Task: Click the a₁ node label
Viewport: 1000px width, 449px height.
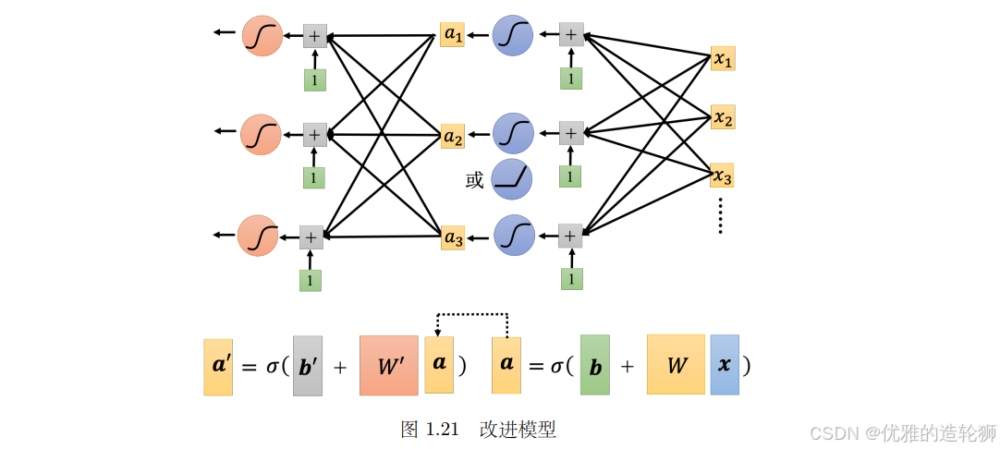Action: (452, 35)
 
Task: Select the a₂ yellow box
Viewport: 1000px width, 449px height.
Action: (452, 137)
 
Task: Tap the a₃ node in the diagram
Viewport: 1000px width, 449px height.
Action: (453, 237)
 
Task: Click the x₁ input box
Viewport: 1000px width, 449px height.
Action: (723, 59)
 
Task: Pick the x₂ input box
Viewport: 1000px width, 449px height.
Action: (723, 117)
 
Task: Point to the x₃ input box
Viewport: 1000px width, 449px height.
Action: (722, 175)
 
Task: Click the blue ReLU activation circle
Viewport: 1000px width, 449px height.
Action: (512, 179)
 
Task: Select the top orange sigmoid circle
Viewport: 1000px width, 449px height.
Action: (262, 36)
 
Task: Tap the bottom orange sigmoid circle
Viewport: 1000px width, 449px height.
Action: (258, 236)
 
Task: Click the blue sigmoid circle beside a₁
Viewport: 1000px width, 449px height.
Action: (513, 35)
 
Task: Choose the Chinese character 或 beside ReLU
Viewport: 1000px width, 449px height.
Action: (474, 180)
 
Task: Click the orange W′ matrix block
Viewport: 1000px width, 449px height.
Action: (389, 365)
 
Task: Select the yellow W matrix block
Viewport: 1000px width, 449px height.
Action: (676, 365)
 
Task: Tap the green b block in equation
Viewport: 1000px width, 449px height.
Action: (595, 365)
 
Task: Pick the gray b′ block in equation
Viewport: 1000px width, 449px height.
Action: (308, 366)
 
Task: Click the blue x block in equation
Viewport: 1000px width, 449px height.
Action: (725, 365)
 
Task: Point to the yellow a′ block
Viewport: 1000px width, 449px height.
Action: (218, 366)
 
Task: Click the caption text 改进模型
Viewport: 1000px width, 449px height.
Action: (518, 430)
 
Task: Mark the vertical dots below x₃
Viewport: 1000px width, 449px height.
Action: (721, 215)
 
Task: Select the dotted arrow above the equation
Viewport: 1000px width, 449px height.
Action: (472, 315)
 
